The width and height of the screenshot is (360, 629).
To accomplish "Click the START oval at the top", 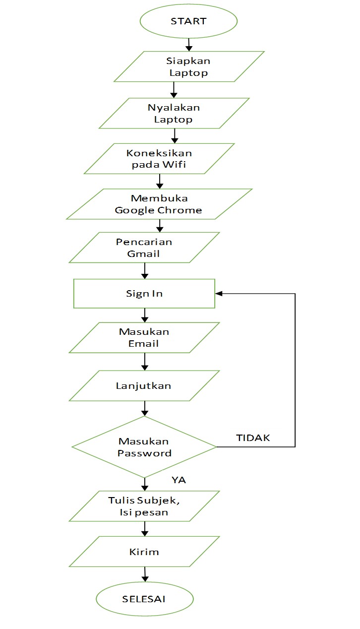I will tap(188, 21).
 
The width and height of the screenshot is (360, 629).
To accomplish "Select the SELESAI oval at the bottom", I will tap(144, 599).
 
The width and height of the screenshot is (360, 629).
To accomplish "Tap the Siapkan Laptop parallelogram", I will tap(189, 66).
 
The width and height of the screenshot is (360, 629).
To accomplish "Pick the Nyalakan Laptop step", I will tap(174, 113).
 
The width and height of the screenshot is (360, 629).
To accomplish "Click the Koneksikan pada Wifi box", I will tap(159, 159).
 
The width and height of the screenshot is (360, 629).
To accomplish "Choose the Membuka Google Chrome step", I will tap(159, 204).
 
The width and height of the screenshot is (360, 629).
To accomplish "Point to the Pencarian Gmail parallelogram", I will tap(144, 248).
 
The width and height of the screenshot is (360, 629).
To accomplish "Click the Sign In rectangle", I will tap(144, 293).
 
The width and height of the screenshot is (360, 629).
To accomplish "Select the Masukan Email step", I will tap(144, 338).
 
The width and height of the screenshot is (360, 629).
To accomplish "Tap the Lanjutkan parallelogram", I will tap(144, 385).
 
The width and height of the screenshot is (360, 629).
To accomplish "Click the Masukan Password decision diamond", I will tap(144, 447).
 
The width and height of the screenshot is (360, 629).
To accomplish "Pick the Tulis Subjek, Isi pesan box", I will tap(144, 506).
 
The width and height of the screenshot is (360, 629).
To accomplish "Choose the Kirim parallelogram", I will tap(144, 552).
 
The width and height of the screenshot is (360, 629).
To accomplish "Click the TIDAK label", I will tap(253, 438).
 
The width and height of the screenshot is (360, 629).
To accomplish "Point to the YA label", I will tap(179, 480).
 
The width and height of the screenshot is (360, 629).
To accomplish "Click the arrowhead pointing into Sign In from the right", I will tap(219, 294).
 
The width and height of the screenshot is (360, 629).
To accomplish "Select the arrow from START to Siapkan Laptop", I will tap(189, 45).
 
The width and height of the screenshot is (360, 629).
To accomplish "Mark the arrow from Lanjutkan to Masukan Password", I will tap(145, 408).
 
